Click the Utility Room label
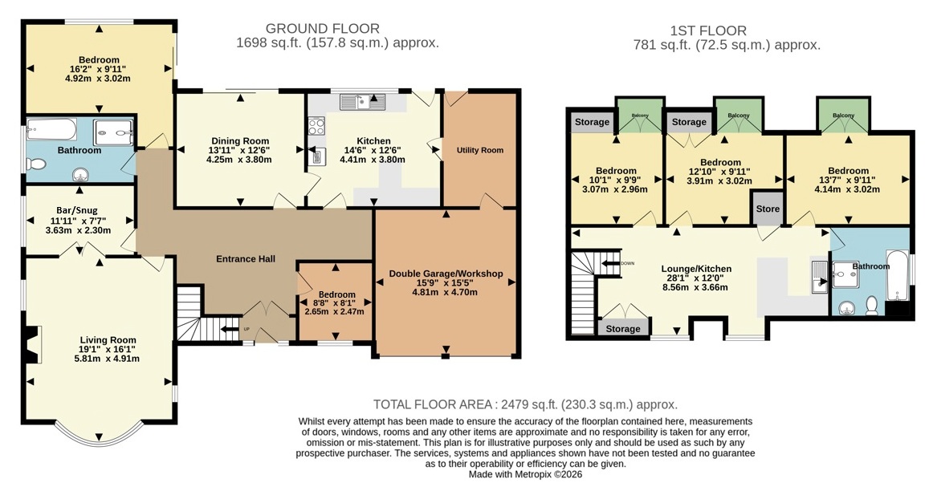[x=479, y=150]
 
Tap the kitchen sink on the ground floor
[x=362, y=102]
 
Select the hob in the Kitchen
[x=316, y=126]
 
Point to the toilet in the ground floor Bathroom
[x=36, y=164]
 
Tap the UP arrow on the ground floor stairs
[x=230, y=329]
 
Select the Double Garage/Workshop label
[x=446, y=274]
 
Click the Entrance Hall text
[x=245, y=259]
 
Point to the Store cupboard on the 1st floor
[x=768, y=208]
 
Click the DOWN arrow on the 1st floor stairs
[x=610, y=263]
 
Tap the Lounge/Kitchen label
[x=696, y=269]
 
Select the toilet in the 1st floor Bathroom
[x=872, y=305]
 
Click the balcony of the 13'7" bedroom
[x=843, y=116]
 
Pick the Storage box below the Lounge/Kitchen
[x=623, y=329]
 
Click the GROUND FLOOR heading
[x=323, y=29]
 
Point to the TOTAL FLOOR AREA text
[x=434, y=404]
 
